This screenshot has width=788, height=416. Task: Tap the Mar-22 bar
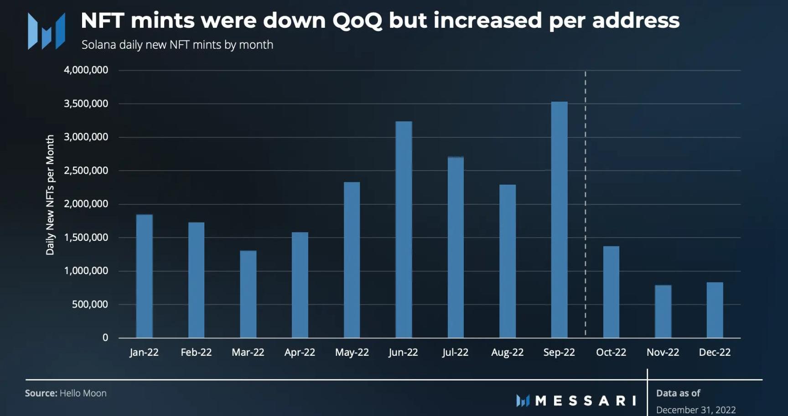point(248,294)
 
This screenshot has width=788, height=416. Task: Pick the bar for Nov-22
point(663,312)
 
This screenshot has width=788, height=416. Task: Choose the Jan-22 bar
point(144,276)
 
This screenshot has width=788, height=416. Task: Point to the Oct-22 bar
point(611,292)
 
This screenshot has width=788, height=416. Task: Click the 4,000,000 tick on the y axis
point(86,70)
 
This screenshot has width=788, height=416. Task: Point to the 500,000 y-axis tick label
point(90,304)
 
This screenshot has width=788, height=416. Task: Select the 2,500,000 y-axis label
point(86,171)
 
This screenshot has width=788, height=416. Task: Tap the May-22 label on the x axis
point(352,353)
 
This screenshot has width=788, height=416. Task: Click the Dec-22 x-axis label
point(715,353)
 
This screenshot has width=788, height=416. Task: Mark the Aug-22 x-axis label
point(507,353)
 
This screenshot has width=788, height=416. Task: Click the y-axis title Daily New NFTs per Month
point(50,195)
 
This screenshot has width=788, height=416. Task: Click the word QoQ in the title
point(357,21)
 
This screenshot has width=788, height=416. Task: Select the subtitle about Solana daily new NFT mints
point(177,45)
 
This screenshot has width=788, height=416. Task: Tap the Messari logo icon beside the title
point(46,31)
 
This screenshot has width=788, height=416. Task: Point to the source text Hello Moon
point(83,393)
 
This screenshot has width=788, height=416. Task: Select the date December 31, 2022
point(696,410)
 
